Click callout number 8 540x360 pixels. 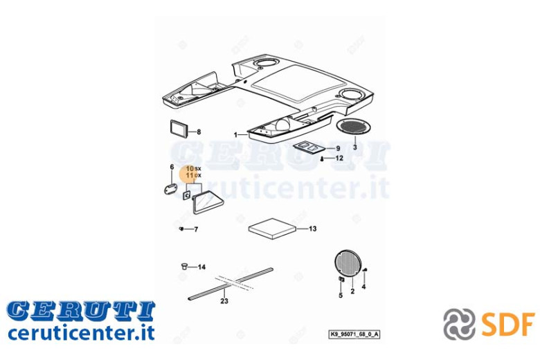pos(199,132)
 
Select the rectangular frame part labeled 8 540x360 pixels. pos(179,129)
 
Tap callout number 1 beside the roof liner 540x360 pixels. pos(235,135)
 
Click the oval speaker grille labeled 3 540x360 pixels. pos(352,126)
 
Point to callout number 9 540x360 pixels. pos(338,148)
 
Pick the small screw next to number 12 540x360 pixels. pos(321,159)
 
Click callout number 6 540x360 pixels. pos(172,168)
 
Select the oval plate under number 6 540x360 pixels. pos(170,189)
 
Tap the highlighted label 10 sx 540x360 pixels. pos(194,169)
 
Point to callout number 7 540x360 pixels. pos(196,229)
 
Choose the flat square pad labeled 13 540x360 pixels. pos(272,228)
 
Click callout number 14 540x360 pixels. pos(201,267)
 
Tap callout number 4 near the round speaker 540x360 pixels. pos(363,287)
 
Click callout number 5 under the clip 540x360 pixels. pos(341,296)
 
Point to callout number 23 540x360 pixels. pos(224,301)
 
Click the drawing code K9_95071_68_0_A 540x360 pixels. pos(354,334)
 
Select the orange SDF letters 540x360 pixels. pos(507,323)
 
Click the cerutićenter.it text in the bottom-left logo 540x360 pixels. pos(81,333)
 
